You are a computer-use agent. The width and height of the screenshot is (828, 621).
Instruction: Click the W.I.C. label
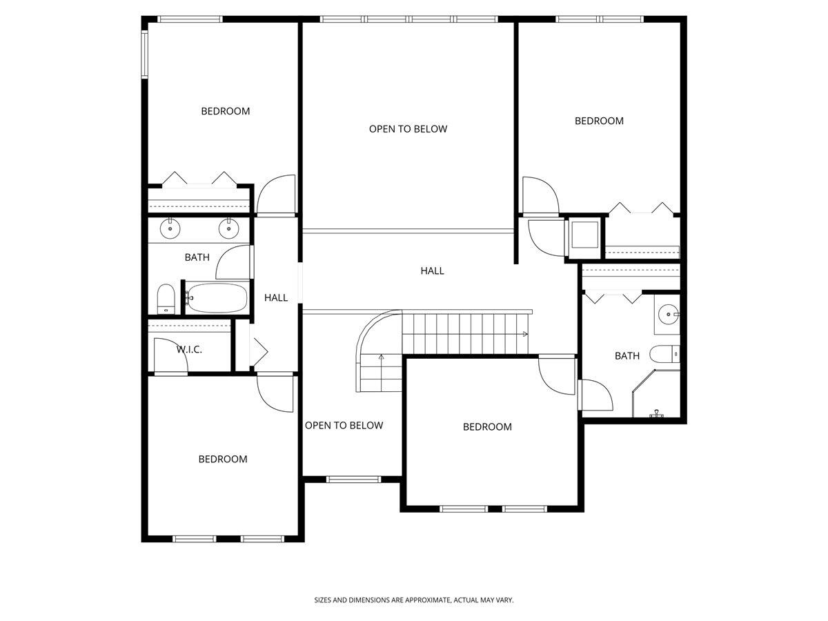click(188, 350)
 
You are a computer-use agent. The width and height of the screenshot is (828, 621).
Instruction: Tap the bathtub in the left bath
click(217, 298)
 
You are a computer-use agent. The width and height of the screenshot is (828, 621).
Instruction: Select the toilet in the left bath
click(166, 299)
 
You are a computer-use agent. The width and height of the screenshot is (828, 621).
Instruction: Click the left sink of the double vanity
click(169, 227)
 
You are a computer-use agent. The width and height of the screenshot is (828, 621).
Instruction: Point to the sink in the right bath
click(668, 315)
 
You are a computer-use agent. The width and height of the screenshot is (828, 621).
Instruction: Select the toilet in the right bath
click(667, 355)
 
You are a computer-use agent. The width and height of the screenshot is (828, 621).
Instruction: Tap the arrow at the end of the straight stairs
click(525, 335)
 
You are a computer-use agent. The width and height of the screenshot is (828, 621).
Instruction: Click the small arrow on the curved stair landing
click(381, 357)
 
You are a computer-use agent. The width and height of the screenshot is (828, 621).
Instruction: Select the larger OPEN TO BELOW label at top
click(408, 129)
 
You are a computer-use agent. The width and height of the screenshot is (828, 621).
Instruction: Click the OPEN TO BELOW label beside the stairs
click(344, 426)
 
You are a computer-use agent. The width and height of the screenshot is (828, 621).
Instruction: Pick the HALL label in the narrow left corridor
click(276, 298)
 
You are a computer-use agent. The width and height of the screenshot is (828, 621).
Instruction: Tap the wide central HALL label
click(432, 271)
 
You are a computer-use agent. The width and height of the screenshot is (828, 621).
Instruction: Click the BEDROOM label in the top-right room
click(599, 121)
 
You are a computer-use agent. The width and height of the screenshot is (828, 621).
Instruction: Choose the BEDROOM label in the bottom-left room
click(223, 460)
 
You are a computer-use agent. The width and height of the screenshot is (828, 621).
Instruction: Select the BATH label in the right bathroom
click(627, 356)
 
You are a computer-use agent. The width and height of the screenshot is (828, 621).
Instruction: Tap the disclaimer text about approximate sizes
click(414, 600)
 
